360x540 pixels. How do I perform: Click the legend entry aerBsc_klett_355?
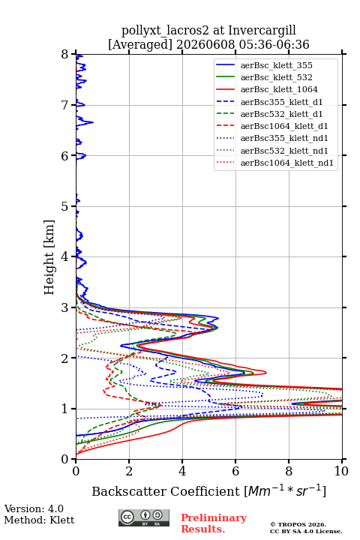coord(276,65)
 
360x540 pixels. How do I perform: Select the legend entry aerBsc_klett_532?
coord(276,77)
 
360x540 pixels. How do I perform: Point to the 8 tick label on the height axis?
coord(65,55)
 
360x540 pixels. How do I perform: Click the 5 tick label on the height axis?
coord(65,206)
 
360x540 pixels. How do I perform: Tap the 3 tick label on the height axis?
coord(65,307)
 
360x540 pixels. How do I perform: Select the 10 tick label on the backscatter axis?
coord(341,471)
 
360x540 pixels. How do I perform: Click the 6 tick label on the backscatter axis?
coord(235,471)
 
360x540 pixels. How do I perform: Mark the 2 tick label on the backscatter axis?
coord(129,471)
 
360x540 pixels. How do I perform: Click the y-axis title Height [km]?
coord(49,257)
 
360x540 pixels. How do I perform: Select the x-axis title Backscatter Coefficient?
coord(166,491)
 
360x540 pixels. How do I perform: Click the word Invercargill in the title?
coord(262,31)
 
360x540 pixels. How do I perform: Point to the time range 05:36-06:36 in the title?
coord(272,44)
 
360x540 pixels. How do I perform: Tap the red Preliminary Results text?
coord(214,523)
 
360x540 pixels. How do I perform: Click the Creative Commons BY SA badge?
coord(144,517)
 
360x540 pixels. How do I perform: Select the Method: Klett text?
coord(39,520)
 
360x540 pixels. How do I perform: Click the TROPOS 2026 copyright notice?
coord(298,524)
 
